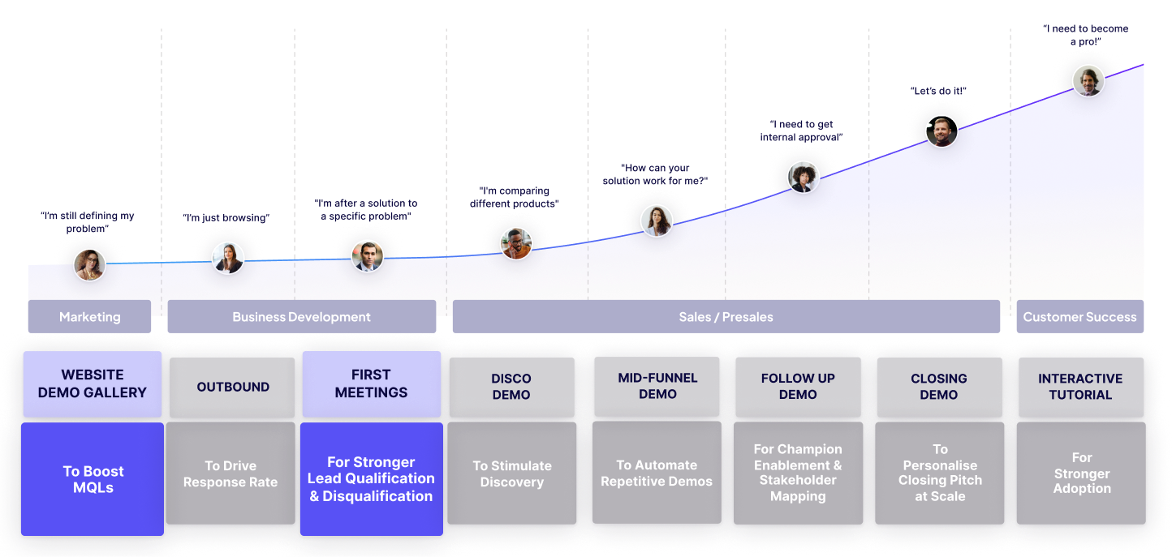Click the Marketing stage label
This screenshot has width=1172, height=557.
pos(89,317)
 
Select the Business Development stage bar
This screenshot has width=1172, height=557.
pos(301,317)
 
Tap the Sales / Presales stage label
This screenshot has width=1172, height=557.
pos(726,317)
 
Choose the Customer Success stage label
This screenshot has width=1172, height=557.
pos(1079,317)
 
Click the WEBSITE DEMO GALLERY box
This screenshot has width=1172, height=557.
pos(93,383)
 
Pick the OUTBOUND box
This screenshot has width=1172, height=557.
pos(233,387)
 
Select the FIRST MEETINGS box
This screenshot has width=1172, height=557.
pos(371,383)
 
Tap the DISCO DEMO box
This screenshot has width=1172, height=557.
pos(511,387)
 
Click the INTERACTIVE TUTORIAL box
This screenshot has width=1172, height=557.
pos(1080,387)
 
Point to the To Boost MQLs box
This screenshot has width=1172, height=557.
pos(93,479)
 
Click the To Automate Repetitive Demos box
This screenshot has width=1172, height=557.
pos(657,473)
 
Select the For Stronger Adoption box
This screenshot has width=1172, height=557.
pos(1081,473)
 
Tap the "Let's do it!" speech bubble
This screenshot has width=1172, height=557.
pos(941,91)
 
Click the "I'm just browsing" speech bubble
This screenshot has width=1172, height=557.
pos(227,217)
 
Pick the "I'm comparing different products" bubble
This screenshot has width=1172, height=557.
pos(514,197)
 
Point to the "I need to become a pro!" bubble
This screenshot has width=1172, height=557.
pos(1088,35)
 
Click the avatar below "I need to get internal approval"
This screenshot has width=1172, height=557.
pos(803,177)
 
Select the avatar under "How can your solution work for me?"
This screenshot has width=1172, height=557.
pos(656,220)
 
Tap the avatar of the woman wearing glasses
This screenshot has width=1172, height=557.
pos(89,264)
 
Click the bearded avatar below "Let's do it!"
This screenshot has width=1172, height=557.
pos(941,131)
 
